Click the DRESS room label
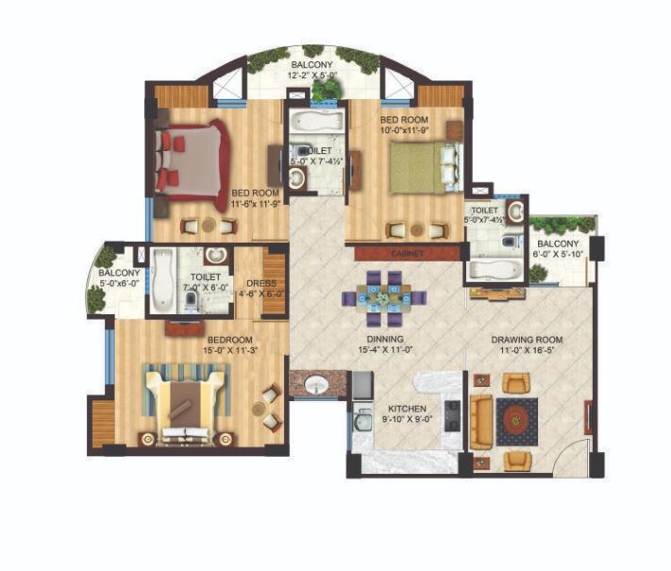coord(260,282)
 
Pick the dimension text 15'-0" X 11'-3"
coord(229,350)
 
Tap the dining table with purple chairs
coord(384,297)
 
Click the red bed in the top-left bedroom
coord(193,160)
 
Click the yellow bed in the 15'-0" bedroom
coord(184,404)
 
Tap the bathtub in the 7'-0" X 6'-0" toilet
coord(162,279)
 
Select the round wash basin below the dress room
coord(315,385)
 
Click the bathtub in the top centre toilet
coord(314,121)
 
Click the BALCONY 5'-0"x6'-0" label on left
coord(120,278)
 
